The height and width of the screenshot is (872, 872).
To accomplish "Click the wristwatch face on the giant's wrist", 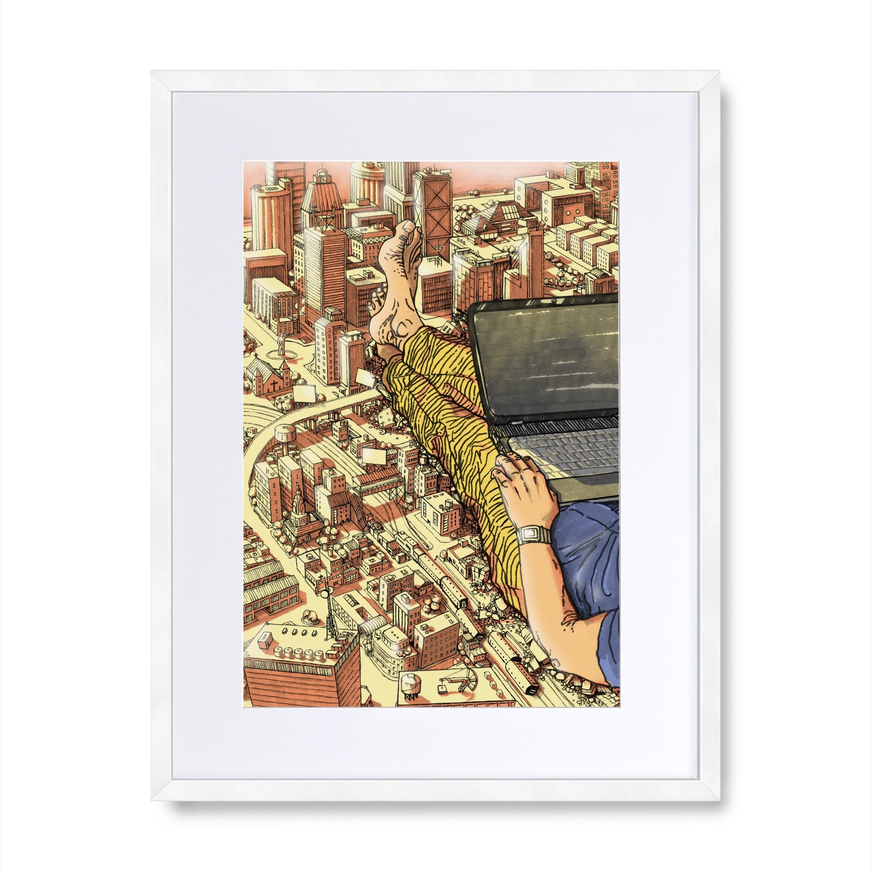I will [534, 536].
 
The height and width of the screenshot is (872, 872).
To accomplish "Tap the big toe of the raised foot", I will [407, 229].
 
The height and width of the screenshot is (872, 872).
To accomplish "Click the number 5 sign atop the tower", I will [324, 181].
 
